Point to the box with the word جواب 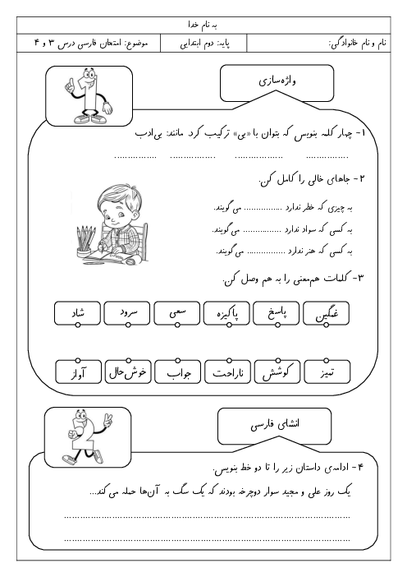pyautogui.click(x=177, y=372)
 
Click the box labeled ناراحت pyautogui.click(x=227, y=372)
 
